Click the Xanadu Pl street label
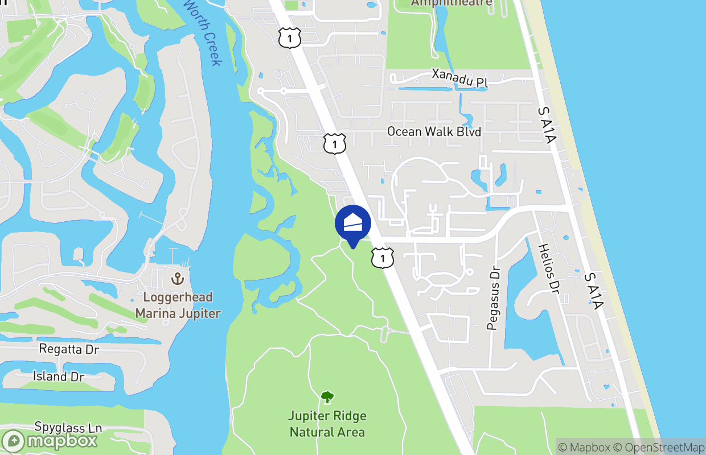point(459,78)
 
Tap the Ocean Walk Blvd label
point(434,132)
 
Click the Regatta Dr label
point(69,349)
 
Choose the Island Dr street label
point(59,377)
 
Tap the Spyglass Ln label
point(68,428)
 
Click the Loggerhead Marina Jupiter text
point(178,305)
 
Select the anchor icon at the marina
point(178,279)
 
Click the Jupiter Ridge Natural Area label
point(327,424)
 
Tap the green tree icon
point(327,397)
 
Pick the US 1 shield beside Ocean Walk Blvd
point(335,144)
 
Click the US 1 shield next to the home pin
point(383,258)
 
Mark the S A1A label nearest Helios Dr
point(593,291)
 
